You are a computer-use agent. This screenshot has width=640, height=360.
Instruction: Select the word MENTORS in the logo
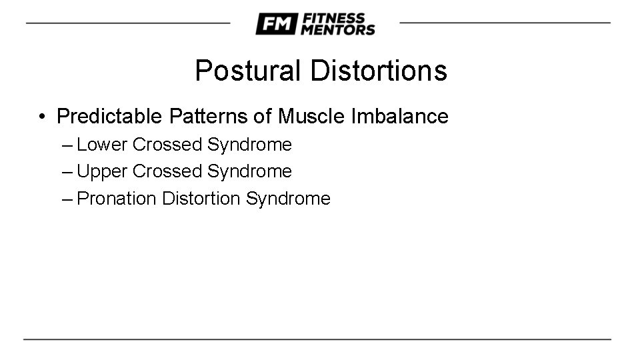coord(338,30)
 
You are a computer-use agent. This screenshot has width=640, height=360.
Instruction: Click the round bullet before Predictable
coord(42,117)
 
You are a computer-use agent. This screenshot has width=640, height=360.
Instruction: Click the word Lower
coord(102,145)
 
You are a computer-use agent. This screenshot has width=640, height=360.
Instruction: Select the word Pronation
coord(117,199)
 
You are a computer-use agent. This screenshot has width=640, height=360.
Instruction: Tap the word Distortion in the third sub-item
coord(201,199)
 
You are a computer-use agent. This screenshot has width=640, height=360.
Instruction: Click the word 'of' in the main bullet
coord(262,117)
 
